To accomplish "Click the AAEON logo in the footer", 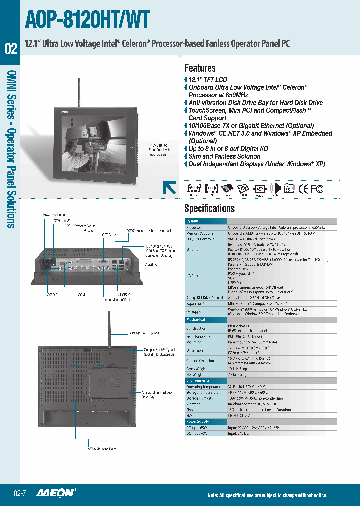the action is (56, 493).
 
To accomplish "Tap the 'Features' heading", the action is (200, 68).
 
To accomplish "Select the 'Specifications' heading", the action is (209, 208).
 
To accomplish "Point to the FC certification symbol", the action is (317, 189).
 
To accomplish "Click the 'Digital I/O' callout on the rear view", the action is (151, 264).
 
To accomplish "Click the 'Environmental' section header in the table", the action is (198, 380).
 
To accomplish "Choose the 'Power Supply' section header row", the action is (198, 422).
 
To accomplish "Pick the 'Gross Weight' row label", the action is (196, 368).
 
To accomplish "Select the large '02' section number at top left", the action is (11, 49).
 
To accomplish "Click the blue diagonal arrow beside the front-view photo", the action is (169, 188).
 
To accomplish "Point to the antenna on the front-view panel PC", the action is (79, 90).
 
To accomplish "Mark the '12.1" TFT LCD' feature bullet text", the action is (208, 80).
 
